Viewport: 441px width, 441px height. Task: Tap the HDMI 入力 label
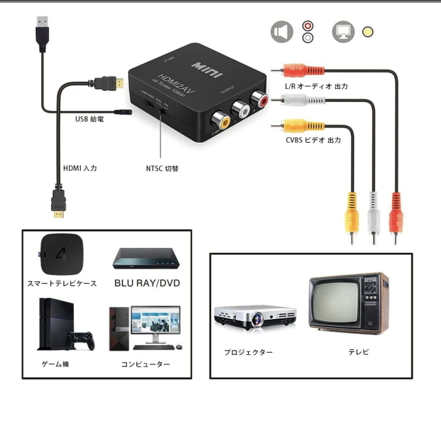(x=80, y=168)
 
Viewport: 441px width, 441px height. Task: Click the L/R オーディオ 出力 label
(x=316, y=87)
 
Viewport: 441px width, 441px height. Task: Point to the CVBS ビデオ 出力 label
(x=314, y=140)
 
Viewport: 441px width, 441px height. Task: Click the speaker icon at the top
(x=280, y=32)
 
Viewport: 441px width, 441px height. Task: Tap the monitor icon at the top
(x=342, y=32)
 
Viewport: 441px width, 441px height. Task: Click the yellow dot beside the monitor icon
(x=369, y=32)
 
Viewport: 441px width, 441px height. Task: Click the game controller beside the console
(x=81, y=340)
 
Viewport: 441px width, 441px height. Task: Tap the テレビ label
(x=358, y=352)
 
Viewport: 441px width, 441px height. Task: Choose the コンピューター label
(x=145, y=364)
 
